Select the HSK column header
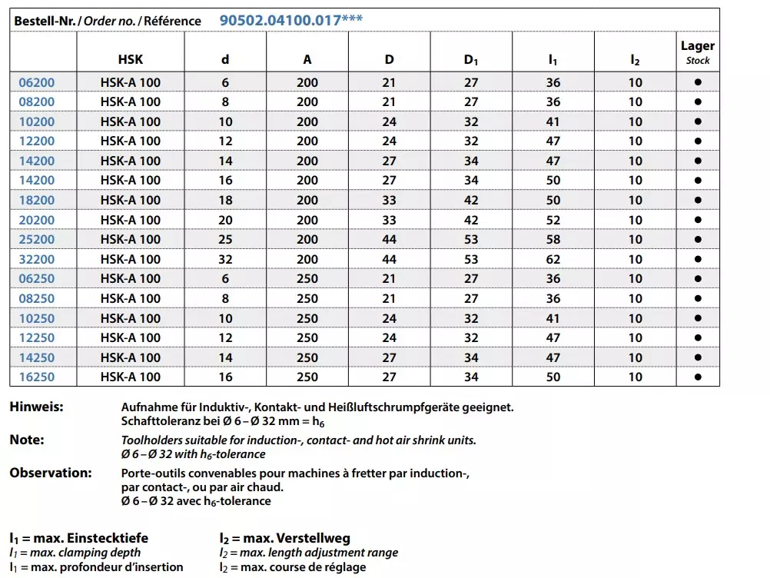point(131,59)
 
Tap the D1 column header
point(471,59)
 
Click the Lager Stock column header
point(697,52)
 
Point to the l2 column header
point(635,59)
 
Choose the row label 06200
point(37,82)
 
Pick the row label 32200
point(37,259)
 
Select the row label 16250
point(37,377)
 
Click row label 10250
point(37,318)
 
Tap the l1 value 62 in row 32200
point(553,259)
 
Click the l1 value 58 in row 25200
point(553,239)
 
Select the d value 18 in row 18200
point(225,200)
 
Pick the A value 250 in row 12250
point(307,337)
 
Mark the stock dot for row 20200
point(697,220)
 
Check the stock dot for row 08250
point(697,298)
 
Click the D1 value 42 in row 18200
point(471,200)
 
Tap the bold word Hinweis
point(36,407)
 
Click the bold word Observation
point(51,473)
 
